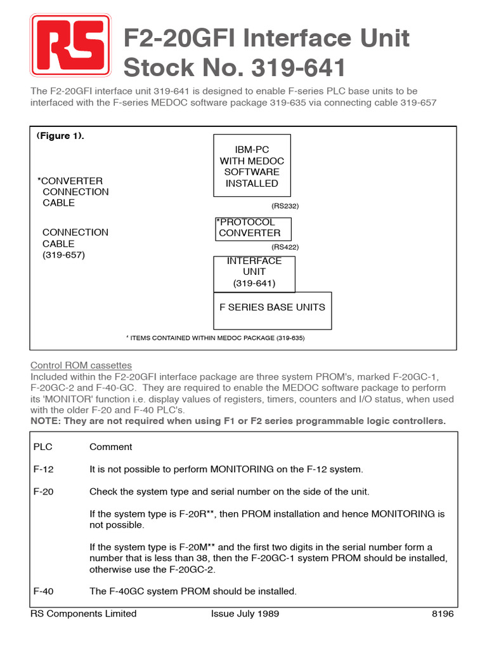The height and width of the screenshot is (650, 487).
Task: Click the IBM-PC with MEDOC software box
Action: pyautogui.click(x=252, y=166)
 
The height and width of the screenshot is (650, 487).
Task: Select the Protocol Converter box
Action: pyautogui.click(x=253, y=229)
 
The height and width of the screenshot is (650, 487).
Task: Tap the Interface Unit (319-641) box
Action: pyautogui.click(x=254, y=272)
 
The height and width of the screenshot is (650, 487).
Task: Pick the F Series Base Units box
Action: pyautogui.click(x=272, y=310)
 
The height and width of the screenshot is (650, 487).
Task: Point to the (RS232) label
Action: pyautogui.click(x=285, y=206)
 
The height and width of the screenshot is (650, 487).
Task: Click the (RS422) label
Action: pyautogui.click(x=285, y=247)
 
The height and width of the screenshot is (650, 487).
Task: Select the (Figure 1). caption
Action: pyautogui.click(x=60, y=136)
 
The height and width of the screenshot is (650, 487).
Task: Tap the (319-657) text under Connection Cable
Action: pyautogui.click(x=63, y=255)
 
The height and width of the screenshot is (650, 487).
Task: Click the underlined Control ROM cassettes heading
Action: pyautogui.click(x=81, y=365)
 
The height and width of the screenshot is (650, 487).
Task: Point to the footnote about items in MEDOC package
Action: pyautogui.click(x=216, y=338)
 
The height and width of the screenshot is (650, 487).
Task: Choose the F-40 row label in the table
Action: pyautogui.click(x=43, y=591)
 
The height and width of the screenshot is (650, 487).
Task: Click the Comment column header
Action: pyautogui.click(x=110, y=447)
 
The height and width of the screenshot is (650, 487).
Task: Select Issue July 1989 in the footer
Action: pyautogui.click(x=244, y=614)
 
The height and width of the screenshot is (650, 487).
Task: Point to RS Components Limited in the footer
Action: pyautogui.click(x=83, y=614)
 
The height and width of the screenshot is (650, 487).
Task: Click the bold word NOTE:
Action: pyautogui.click(x=46, y=421)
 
